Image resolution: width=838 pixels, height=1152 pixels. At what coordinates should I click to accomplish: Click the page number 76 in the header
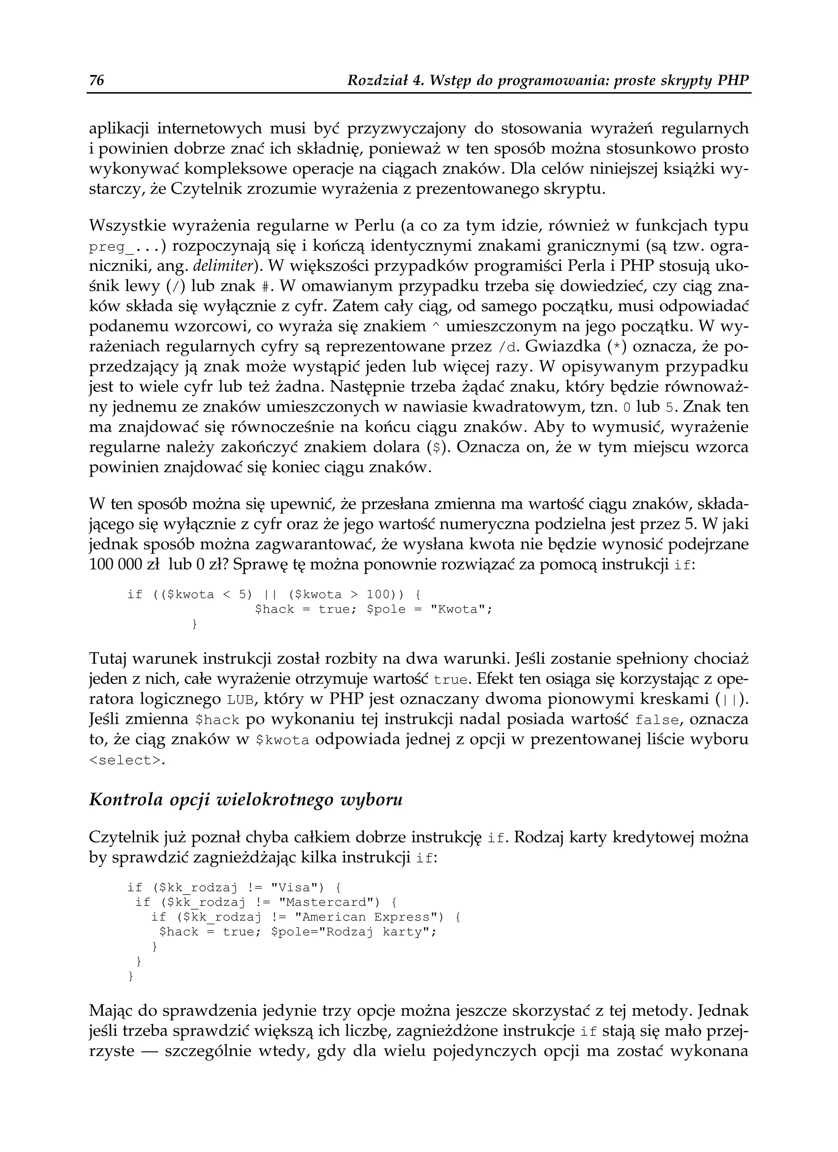point(97,80)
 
